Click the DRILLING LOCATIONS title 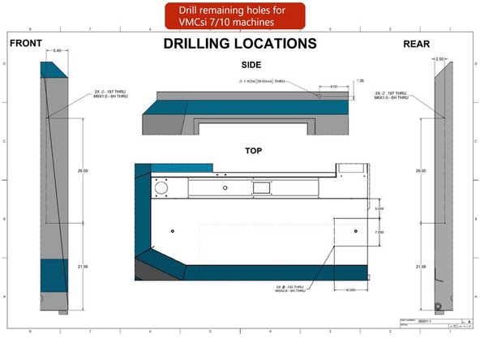click(x=238, y=43)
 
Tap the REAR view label click(x=416, y=43)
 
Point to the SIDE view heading click(x=251, y=64)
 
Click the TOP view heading click(x=254, y=151)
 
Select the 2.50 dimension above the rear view click(x=440, y=59)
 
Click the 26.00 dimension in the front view click(x=81, y=171)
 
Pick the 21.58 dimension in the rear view click(x=420, y=266)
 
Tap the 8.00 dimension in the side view click(x=333, y=86)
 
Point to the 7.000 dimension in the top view click(x=379, y=233)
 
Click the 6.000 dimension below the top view click(x=351, y=290)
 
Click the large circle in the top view click(x=161, y=187)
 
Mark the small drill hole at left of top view click(x=172, y=232)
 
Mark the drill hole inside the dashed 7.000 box click(x=354, y=232)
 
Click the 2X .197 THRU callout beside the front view click(x=111, y=95)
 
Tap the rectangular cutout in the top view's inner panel click(x=261, y=188)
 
